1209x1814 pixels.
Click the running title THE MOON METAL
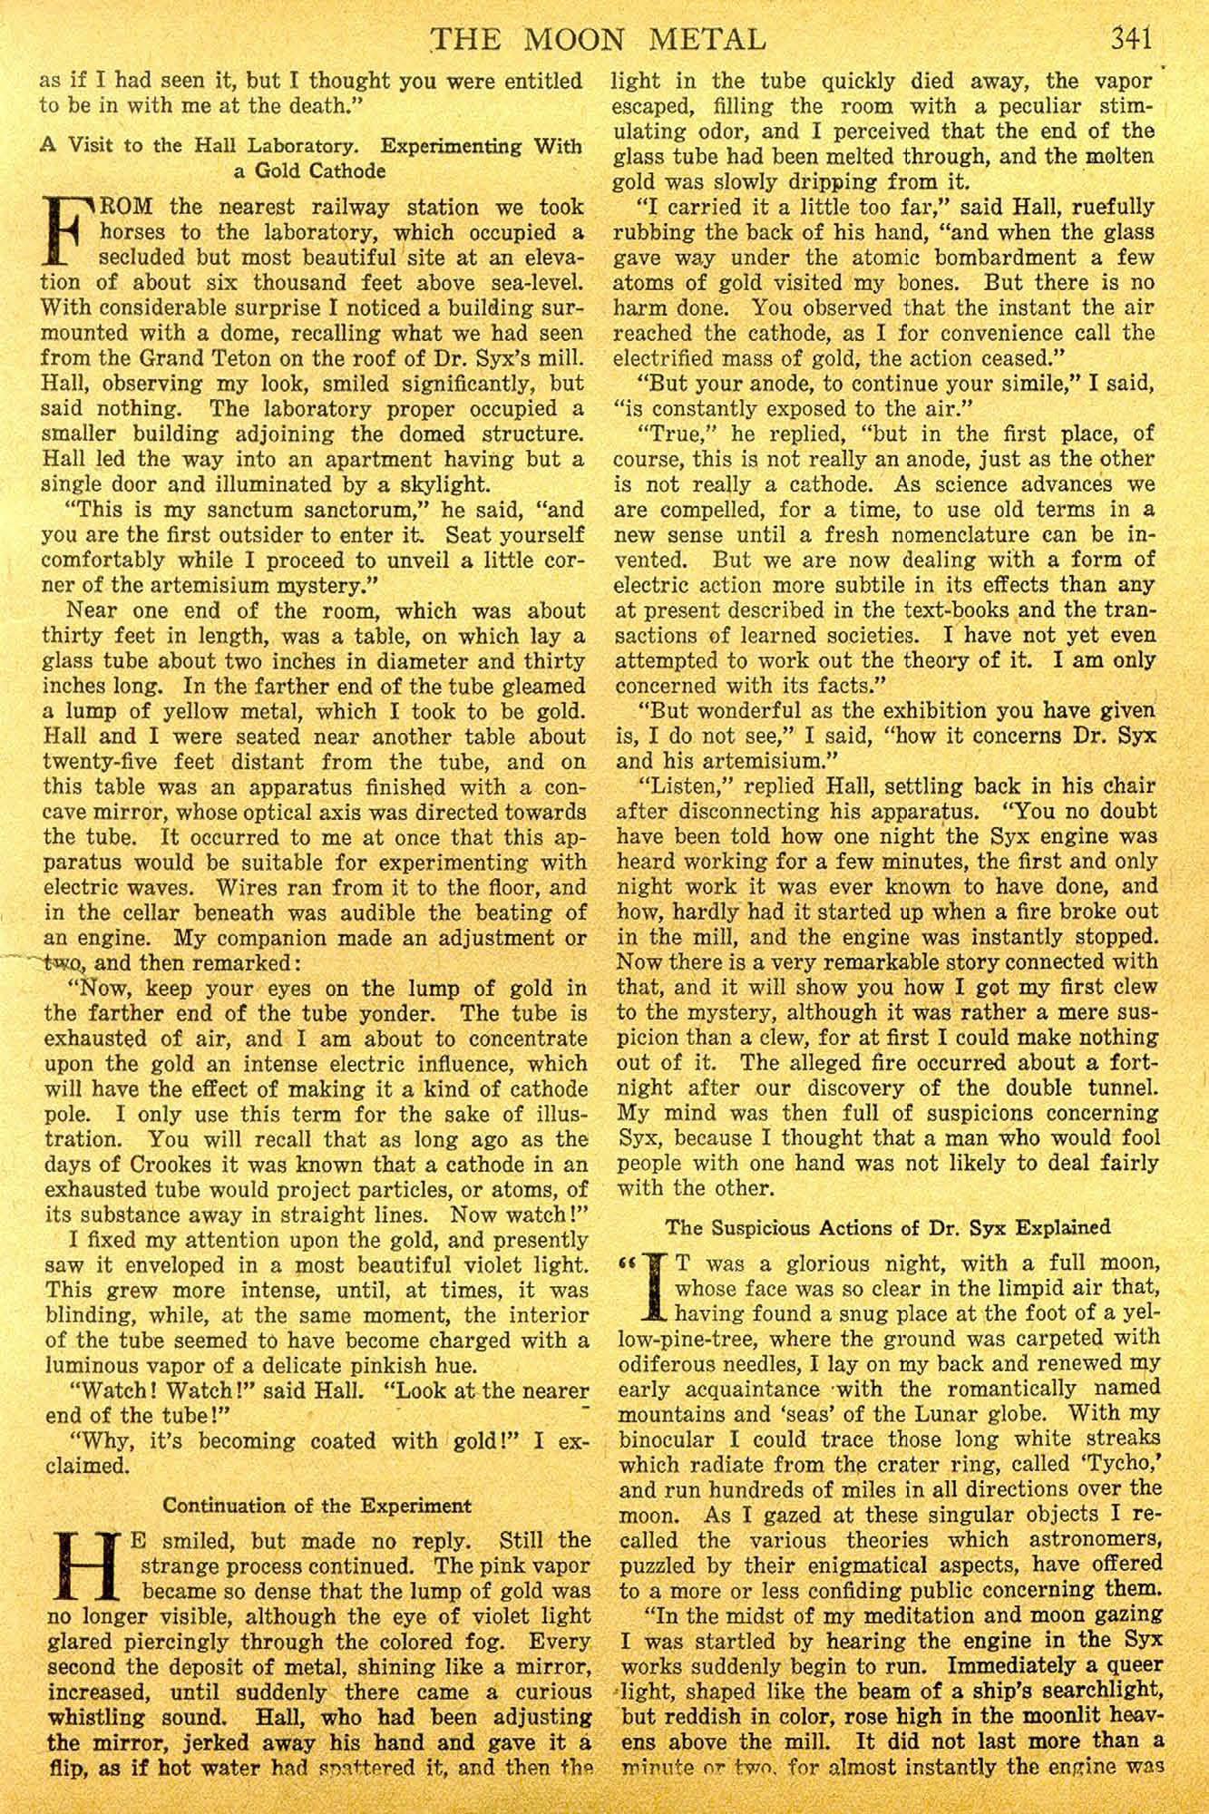[x=599, y=41]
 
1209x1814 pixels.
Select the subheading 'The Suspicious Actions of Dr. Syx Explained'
[x=888, y=1227]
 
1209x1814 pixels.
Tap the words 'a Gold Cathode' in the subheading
[x=308, y=171]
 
